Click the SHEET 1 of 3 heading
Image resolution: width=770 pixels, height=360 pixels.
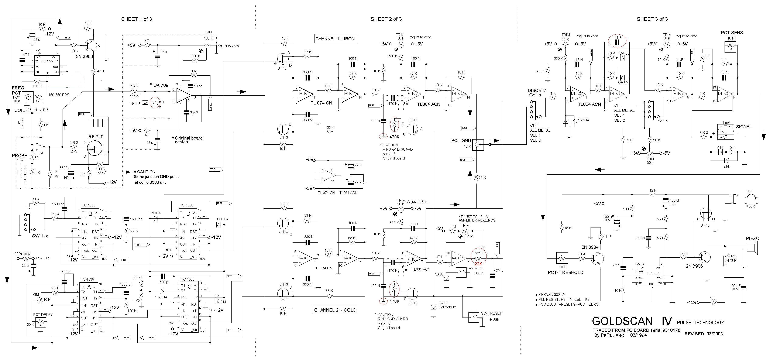click(136, 19)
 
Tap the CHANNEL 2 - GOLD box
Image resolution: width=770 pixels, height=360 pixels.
click(335, 310)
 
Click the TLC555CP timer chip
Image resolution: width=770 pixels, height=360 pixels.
click(47, 65)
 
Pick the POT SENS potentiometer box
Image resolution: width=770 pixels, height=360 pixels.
click(731, 46)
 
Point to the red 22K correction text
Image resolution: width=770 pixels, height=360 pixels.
click(479, 264)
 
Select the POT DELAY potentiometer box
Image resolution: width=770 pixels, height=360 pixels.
click(41, 322)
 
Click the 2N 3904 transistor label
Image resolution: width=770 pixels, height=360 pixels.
click(590, 247)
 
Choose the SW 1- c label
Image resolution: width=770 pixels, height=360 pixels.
click(40, 236)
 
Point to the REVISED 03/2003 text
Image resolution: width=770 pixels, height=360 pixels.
click(704, 334)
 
